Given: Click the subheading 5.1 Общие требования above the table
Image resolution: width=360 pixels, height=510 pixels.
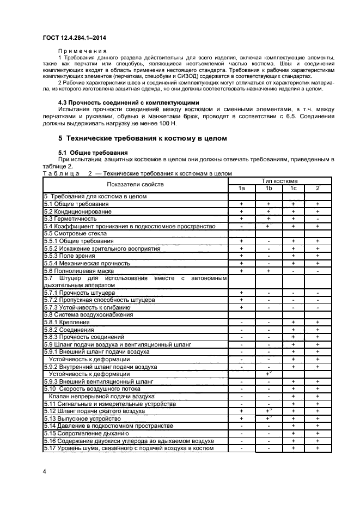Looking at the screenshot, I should [93, 153].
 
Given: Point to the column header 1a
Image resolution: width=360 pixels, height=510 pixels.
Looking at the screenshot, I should [241, 188].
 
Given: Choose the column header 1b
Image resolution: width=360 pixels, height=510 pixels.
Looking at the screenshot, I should [269, 188].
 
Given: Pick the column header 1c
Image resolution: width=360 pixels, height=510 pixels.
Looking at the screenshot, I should [293, 188].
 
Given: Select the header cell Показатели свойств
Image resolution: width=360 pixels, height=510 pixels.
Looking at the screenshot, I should [135, 184].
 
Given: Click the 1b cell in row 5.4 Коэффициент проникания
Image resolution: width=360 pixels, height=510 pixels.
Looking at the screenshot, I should [269, 226].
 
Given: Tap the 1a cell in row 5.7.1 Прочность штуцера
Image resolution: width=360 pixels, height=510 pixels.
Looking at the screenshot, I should [241, 293].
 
